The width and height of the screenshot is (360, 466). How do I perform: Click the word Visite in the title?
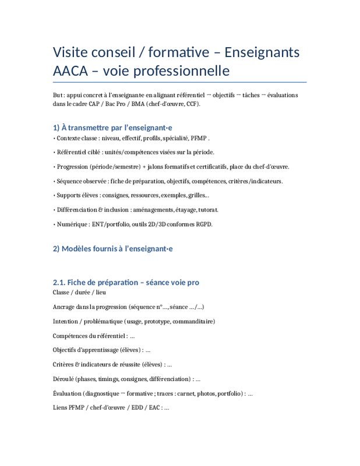tap(71, 52)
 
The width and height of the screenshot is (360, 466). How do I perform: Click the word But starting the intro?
tap(58, 94)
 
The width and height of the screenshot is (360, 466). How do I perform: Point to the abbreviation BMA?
tap(138, 104)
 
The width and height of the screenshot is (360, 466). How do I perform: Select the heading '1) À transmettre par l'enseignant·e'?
tap(112, 126)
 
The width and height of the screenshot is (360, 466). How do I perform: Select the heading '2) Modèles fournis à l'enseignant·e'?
tap(113, 249)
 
